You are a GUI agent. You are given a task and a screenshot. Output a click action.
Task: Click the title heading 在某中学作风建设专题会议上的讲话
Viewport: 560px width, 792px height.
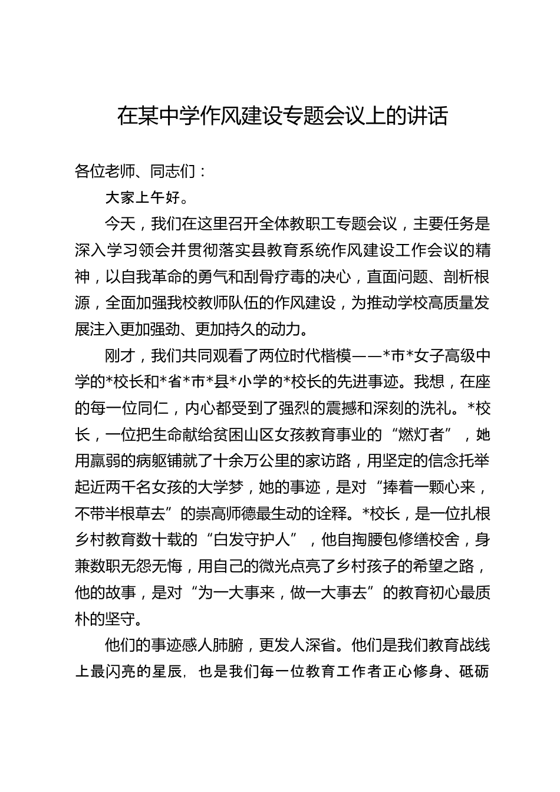pos(282,116)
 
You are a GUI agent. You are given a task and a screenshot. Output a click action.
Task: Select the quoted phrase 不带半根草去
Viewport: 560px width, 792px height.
pos(121,514)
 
